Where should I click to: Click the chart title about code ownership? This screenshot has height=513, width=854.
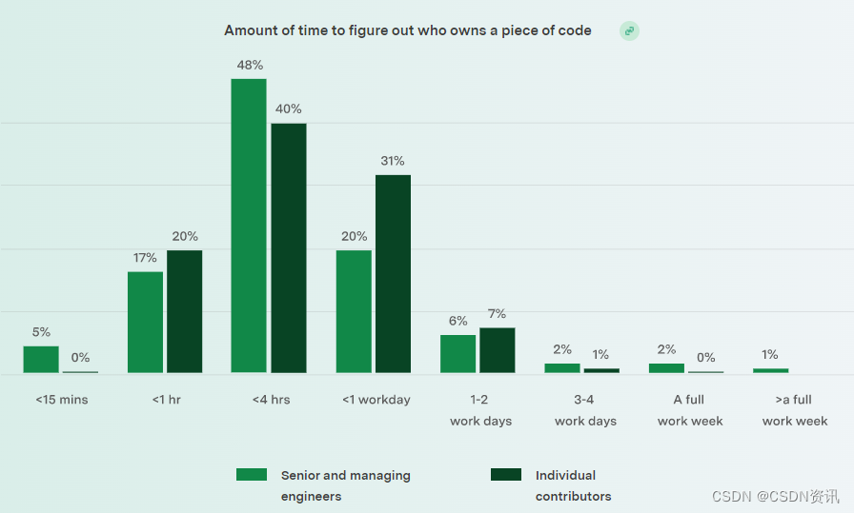click(x=408, y=30)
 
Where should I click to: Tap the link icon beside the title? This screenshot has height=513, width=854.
click(x=629, y=31)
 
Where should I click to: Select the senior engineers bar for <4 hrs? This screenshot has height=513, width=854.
click(x=249, y=226)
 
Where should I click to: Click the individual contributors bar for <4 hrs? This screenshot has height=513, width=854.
click(x=289, y=247)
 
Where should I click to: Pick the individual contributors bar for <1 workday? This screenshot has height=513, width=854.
click(x=393, y=273)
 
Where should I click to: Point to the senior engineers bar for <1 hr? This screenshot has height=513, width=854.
click(x=145, y=322)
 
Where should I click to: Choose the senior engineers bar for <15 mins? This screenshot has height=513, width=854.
click(x=41, y=359)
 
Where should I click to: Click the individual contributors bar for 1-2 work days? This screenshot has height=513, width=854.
click(x=497, y=349)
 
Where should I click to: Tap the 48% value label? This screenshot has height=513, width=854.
click(x=249, y=65)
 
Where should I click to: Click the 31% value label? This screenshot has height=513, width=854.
click(x=393, y=161)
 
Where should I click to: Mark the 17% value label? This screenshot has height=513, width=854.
click(x=145, y=258)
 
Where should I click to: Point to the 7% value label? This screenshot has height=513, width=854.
click(x=497, y=314)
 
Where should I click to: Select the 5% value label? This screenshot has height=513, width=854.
click(x=41, y=332)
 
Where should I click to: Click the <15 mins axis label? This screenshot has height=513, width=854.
click(x=62, y=400)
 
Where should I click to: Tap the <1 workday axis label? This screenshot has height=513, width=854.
click(x=376, y=400)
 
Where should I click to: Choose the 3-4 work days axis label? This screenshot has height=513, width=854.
click(x=585, y=410)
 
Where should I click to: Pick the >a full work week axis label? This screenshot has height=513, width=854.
click(x=795, y=410)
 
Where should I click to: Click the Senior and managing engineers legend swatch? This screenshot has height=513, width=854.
click(x=252, y=474)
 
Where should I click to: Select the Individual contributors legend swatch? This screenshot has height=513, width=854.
click(x=506, y=474)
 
